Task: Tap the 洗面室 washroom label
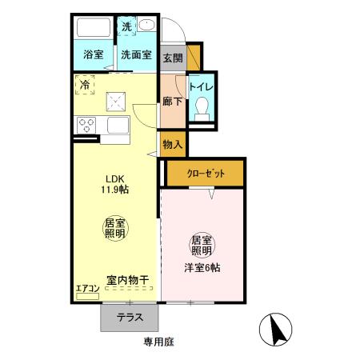click(x=136, y=55)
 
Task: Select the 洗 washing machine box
click(x=126, y=26)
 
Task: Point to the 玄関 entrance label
click(x=172, y=58)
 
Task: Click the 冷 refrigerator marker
click(x=86, y=83)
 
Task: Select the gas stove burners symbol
click(x=86, y=125)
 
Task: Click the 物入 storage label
click(x=173, y=146)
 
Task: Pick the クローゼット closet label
click(x=206, y=173)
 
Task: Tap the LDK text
click(x=110, y=178)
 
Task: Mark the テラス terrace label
click(x=130, y=316)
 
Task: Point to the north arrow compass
click(x=276, y=329)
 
